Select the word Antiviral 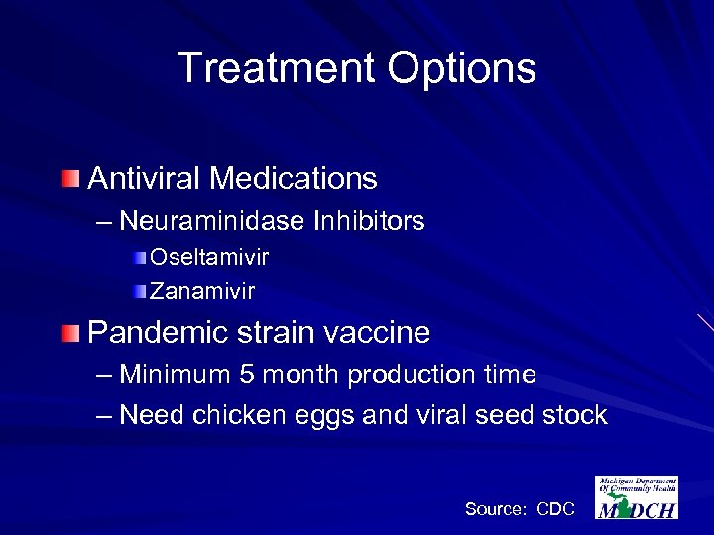click(x=144, y=179)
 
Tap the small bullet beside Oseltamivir click(x=142, y=258)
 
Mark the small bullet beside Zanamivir click(x=142, y=291)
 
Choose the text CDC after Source click(x=555, y=509)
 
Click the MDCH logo click(x=637, y=497)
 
